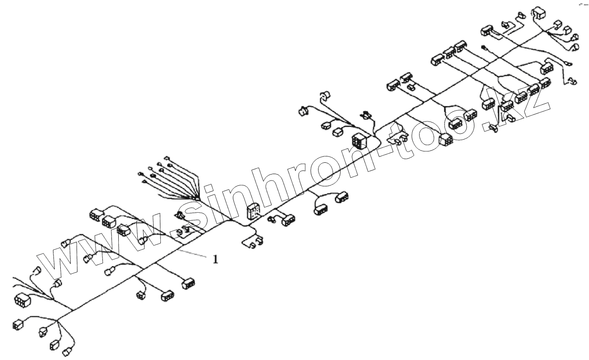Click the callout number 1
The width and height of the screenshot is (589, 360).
coord(215,259)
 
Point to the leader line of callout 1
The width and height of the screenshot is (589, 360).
coord(195,254)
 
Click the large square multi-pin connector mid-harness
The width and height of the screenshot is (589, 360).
coord(361,141)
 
